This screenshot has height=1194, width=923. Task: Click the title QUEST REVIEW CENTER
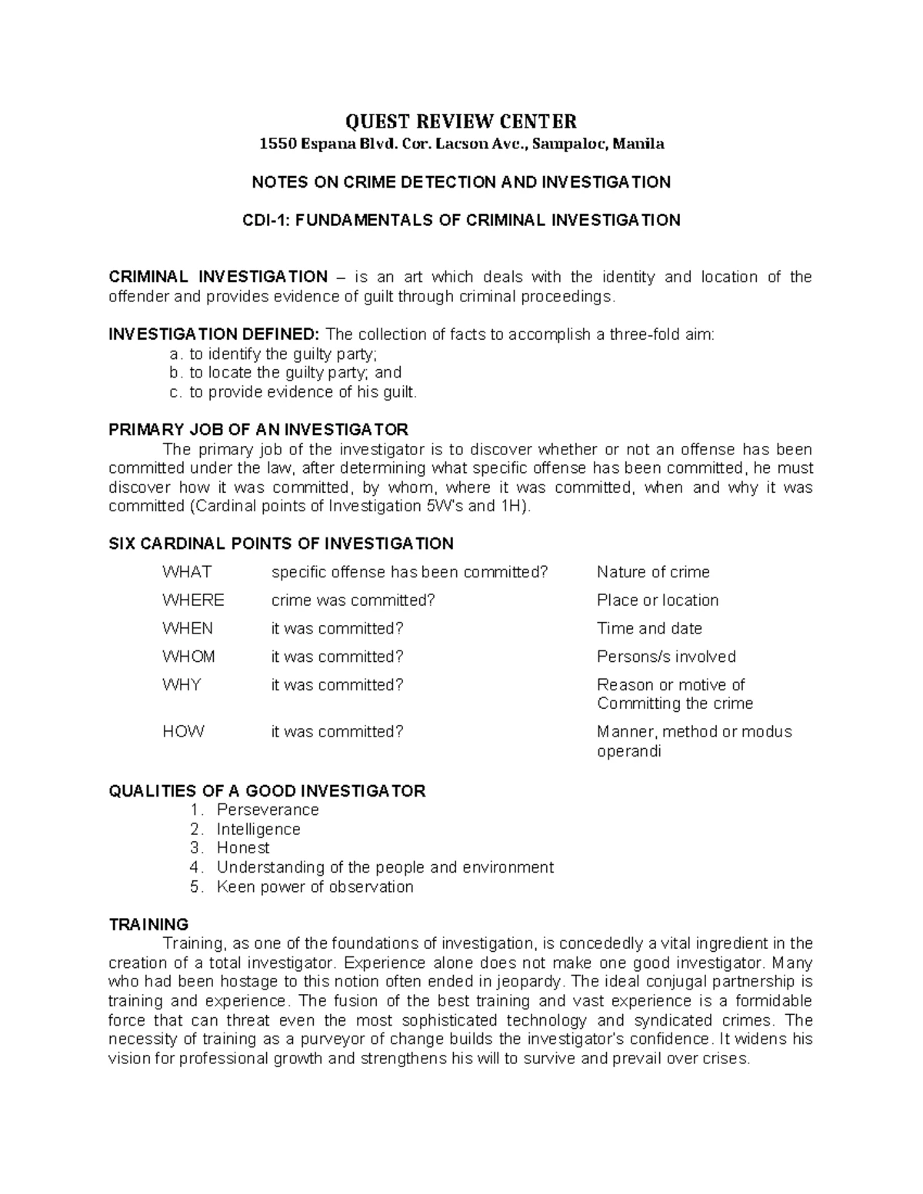click(461, 121)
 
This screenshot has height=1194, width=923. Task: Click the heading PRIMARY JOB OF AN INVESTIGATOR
click(258, 429)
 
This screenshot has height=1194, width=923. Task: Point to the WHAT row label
click(187, 572)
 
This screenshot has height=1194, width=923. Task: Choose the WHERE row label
click(193, 600)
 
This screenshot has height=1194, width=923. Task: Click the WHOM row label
click(188, 657)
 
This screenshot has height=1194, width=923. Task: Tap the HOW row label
click(183, 732)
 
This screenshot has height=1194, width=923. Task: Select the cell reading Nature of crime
click(653, 572)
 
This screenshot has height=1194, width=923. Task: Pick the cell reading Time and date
click(649, 629)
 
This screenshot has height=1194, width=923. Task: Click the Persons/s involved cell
click(666, 657)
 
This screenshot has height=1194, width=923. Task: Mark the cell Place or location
click(658, 600)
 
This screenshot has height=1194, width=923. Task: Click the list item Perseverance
click(268, 810)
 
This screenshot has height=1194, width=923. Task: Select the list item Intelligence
click(258, 829)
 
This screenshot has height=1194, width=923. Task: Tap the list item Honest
click(243, 848)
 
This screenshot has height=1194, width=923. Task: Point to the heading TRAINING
click(148, 924)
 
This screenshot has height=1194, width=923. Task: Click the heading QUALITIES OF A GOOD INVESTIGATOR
click(267, 791)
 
